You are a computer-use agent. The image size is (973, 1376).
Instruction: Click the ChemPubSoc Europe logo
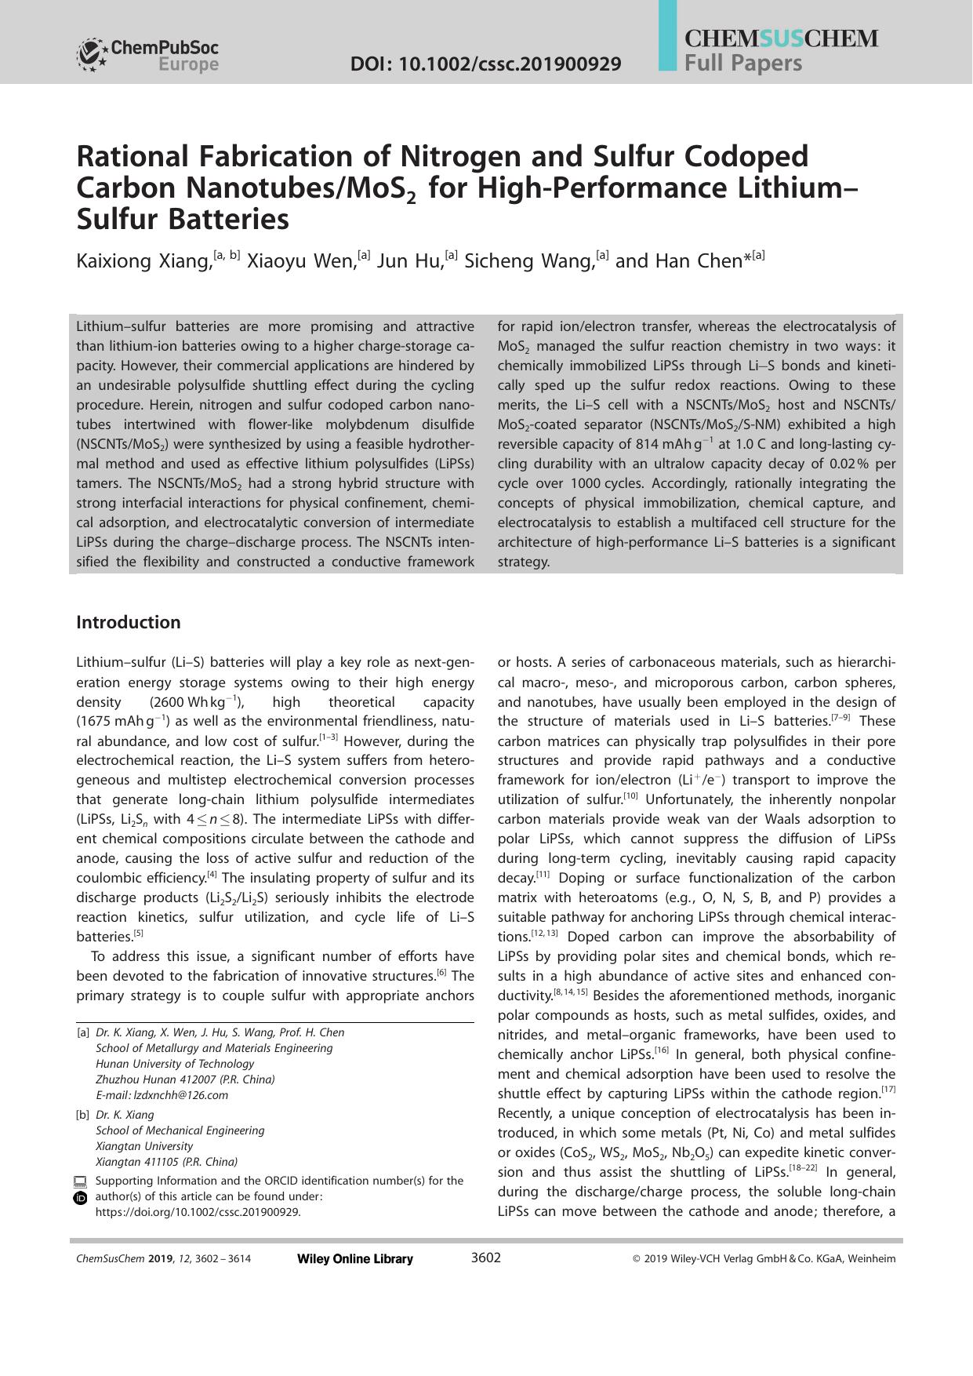click(147, 55)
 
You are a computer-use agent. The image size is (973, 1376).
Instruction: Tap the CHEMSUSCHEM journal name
click(781, 38)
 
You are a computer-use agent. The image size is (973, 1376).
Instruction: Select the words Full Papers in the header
click(742, 63)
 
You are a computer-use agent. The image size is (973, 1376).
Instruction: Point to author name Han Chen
click(678, 261)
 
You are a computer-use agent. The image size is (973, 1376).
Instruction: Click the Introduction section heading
click(128, 623)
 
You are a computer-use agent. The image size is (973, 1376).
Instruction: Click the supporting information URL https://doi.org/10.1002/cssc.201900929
click(198, 1212)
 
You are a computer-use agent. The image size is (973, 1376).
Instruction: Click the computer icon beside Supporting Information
click(80, 1181)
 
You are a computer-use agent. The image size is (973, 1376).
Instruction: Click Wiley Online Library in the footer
click(355, 1259)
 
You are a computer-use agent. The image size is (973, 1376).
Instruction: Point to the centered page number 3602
click(485, 1258)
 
